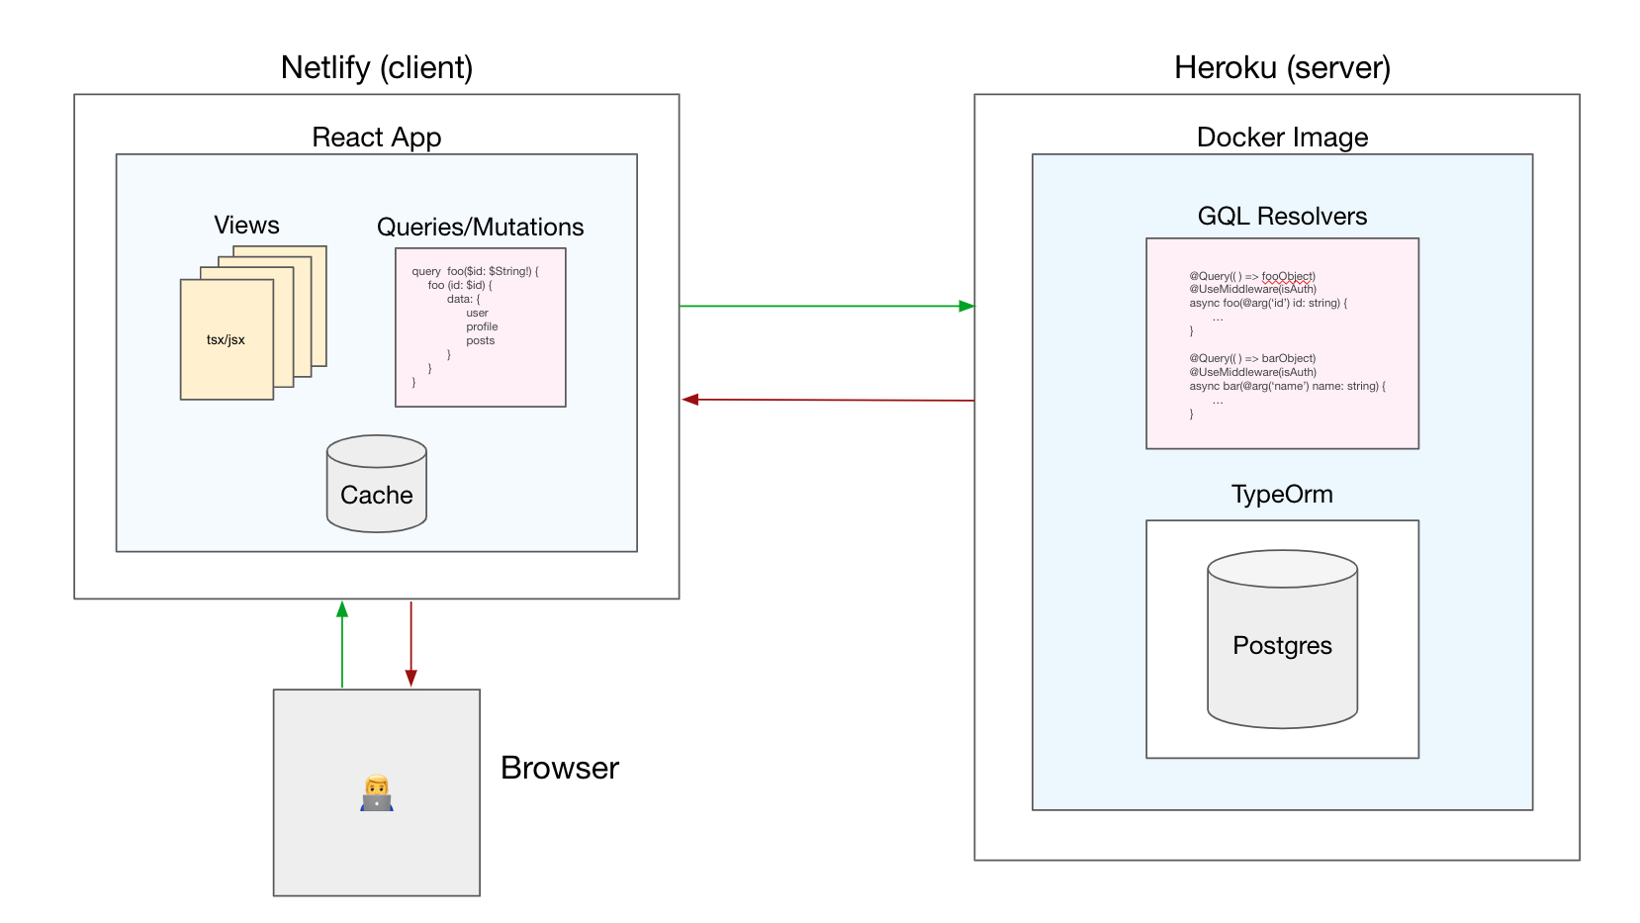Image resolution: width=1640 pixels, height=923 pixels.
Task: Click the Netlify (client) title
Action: click(377, 67)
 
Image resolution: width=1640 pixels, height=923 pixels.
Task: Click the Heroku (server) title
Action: click(1282, 67)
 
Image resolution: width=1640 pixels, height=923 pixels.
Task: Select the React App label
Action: click(376, 137)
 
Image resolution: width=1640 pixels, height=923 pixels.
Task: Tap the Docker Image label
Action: click(1282, 137)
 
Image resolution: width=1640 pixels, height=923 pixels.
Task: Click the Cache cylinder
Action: click(377, 485)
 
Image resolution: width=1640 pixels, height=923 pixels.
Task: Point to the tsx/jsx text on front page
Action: click(226, 339)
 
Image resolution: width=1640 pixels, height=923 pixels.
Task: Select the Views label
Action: click(246, 226)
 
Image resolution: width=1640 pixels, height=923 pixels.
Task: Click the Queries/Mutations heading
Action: click(480, 227)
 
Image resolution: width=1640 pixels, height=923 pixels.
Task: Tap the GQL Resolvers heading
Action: click(1282, 216)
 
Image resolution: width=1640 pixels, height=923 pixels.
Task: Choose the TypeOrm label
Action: click(1282, 494)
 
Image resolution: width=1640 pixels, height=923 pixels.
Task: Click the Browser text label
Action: click(559, 768)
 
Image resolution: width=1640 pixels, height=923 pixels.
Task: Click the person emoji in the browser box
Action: click(377, 793)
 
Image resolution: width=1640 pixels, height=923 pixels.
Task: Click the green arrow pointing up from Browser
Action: click(342, 643)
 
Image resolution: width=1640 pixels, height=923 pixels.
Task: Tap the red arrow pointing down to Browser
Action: click(410, 643)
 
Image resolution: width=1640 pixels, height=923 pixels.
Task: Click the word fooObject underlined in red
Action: click(1288, 276)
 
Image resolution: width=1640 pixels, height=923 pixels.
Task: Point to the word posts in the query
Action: click(481, 340)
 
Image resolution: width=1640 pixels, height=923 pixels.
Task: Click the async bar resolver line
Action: click(1287, 386)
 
